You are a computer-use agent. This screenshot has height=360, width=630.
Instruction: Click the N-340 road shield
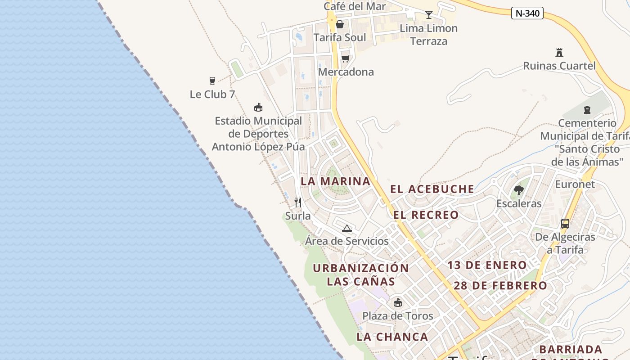(x=527, y=13)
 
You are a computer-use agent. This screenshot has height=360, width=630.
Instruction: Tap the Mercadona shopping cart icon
(x=345, y=58)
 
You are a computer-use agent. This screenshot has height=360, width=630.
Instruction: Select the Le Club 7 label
(x=212, y=94)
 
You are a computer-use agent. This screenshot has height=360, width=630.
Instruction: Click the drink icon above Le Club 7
(x=212, y=81)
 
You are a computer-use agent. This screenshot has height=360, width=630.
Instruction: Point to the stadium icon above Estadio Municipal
(x=258, y=108)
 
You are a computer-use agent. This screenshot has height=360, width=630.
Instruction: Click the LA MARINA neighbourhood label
(x=335, y=181)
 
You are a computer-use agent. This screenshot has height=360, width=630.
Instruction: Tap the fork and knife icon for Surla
(x=297, y=202)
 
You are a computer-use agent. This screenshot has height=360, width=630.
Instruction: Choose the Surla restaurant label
(x=298, y=216)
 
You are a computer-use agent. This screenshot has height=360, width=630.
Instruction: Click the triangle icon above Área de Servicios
(x=346, y=228)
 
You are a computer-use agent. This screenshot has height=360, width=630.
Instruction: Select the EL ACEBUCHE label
(x=432, y=189)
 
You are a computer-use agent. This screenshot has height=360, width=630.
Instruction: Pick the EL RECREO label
(x=426, y=215)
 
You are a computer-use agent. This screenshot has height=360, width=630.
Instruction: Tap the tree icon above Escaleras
(x=519, y=190)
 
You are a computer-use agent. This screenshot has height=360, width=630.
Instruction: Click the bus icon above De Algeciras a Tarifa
(x=565, y=224)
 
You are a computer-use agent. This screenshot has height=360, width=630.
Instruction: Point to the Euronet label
(x=575, y=184)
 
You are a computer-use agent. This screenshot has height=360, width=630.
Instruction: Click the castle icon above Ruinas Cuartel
(x=559, y=53)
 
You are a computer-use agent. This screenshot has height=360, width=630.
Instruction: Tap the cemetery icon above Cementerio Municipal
(x=587, y=109)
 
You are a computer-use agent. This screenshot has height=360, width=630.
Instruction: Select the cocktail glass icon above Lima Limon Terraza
(x=429, y=15)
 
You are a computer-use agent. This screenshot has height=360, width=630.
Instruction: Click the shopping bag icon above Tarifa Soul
(x=340, y=24)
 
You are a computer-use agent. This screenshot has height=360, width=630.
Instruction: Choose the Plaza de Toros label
(x=398, y=316)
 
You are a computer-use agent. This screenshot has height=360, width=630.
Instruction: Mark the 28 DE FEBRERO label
(x=500, y=286)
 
